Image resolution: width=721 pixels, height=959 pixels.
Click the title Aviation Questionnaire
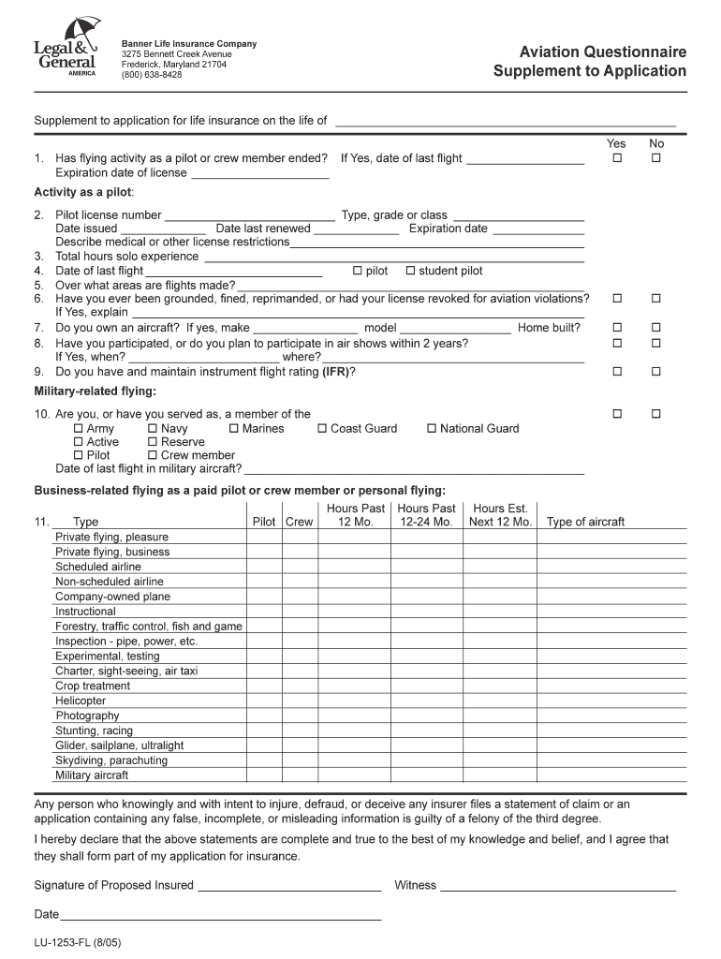point(590,52)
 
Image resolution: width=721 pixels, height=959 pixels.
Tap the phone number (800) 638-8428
point(152,75)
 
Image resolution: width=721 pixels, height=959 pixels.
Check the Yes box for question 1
point(617,158)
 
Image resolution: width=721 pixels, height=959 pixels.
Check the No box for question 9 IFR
point(656,372)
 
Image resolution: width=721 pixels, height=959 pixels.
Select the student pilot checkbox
point(410,271)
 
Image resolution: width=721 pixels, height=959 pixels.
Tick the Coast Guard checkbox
point(322,429)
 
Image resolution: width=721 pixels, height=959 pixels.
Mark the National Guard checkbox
point(432,429)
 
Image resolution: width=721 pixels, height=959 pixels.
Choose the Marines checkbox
point(234,429)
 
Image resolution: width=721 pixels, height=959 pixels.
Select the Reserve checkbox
point(153,442)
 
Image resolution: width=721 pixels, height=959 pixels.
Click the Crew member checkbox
point(153,455)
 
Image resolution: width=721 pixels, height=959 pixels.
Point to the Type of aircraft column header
point(585,522)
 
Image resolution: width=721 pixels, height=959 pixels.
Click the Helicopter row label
point(81,701)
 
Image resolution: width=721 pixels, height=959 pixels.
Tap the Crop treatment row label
point(93,686)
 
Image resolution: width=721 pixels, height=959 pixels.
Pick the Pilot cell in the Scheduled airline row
point(264,567)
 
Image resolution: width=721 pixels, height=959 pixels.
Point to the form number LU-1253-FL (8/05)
point(78,943)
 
